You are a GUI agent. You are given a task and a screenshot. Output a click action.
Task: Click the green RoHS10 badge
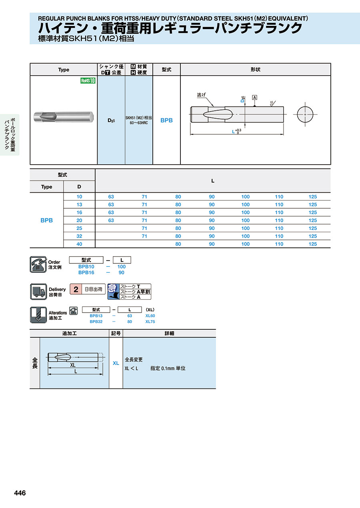point(88,81)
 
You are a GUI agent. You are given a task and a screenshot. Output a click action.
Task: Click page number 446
point(20,493)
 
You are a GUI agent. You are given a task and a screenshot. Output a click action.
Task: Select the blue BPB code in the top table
point(166,120)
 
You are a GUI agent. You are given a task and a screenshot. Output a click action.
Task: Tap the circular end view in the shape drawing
point(305,115)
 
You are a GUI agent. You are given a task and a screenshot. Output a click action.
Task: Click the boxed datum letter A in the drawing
point(254,98)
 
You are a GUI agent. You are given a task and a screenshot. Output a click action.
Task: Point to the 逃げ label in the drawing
point(202,95)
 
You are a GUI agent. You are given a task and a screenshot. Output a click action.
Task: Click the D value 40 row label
point(79,244)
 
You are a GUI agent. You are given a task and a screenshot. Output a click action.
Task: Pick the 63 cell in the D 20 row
point(111,220)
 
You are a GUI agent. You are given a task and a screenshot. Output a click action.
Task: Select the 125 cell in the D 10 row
point(312,197)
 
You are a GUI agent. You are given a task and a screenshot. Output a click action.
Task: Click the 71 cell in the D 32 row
point(144,236)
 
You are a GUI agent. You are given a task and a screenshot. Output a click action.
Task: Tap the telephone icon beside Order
point(38,264)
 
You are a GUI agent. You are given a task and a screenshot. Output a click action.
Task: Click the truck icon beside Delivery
point(38,291)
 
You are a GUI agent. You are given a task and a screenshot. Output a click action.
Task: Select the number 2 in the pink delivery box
point(76,289)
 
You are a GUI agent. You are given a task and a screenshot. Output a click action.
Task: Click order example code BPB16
point(86,273)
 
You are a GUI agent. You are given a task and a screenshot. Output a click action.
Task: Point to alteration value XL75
point(150,322)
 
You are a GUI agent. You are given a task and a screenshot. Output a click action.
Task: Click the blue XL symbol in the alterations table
point(116,363)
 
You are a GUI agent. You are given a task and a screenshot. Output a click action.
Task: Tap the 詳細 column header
point(169,333)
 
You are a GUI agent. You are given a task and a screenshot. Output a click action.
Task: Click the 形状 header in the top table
point(255,70)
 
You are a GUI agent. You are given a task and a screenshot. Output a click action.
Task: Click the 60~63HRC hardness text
point(138,123)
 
